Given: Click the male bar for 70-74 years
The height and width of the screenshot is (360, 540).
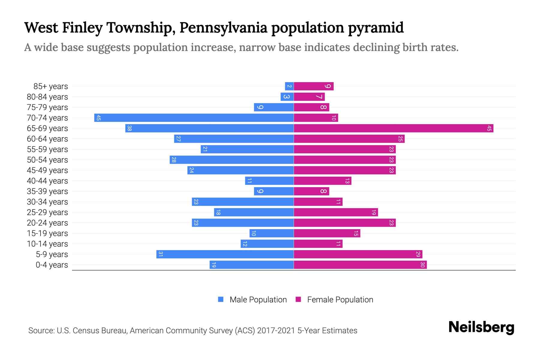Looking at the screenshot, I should pos(194,118).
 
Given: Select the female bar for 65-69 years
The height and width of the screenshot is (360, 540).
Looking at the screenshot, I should pos(393,128).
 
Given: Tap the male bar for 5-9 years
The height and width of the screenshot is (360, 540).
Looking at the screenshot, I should pos(225,254).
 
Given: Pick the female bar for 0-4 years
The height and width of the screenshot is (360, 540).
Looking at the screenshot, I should pos(360,265).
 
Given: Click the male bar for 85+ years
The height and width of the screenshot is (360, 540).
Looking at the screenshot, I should pos(289,86).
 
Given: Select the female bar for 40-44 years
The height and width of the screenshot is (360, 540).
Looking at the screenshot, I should pos(322,181).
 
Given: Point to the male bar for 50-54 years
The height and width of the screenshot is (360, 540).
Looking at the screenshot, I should pos(231,160).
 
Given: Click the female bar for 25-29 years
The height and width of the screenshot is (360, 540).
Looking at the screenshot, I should pos(336,212).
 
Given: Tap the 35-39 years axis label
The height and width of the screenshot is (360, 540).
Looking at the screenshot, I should pos(47,191).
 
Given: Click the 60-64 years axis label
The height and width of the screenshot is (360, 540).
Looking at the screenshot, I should pos(47,139).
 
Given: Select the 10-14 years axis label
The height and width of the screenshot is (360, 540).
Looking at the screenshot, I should pos(47,244).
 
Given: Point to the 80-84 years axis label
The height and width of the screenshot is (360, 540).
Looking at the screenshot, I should pos(47,97).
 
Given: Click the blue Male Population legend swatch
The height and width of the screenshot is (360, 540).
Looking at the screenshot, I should pos(221,299).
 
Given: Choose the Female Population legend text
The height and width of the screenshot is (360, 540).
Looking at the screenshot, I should pos(340,300).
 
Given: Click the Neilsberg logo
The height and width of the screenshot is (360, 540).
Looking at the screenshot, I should pos(481,327).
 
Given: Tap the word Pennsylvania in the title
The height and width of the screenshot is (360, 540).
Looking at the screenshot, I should pos(223,28).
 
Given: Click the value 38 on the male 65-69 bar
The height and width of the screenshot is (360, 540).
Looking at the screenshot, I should pos(129,128).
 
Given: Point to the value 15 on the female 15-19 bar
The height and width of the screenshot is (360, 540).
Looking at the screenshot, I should pos(356,233).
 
